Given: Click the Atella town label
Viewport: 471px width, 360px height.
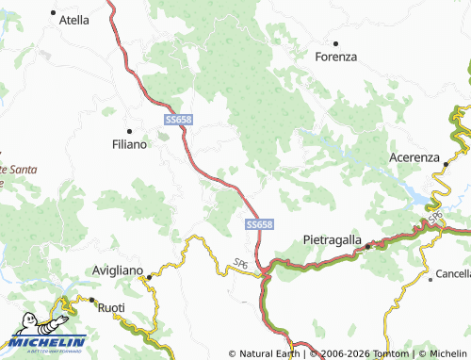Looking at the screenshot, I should coord(73,19).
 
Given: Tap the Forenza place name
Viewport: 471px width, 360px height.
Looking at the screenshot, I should coord(336,57).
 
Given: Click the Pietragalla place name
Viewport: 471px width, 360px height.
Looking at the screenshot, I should coord(333,240).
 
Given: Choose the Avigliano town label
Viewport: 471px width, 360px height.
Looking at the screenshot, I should coord(118,270).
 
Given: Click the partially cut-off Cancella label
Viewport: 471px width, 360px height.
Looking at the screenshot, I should coord(453,273).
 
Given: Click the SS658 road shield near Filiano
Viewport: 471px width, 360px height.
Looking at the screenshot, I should coord(179,120).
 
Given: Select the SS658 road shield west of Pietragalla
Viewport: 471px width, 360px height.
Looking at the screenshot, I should coord(260,224).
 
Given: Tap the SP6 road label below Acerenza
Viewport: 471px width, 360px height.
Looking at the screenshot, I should coord(436,218).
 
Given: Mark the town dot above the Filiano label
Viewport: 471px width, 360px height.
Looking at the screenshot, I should coord(129,130).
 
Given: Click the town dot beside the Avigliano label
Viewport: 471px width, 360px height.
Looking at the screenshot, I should coord(149,276).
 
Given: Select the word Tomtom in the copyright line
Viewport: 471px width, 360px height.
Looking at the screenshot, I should coord(385,353).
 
